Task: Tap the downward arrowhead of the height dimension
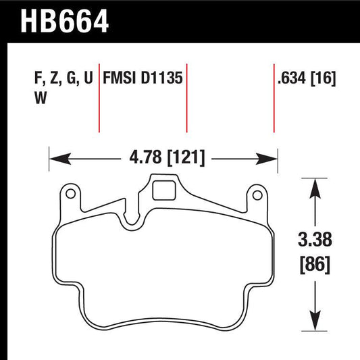[x=313, y=322]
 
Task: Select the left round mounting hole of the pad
[x=70, y=195]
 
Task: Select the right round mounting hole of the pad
[x=255, y=195]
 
